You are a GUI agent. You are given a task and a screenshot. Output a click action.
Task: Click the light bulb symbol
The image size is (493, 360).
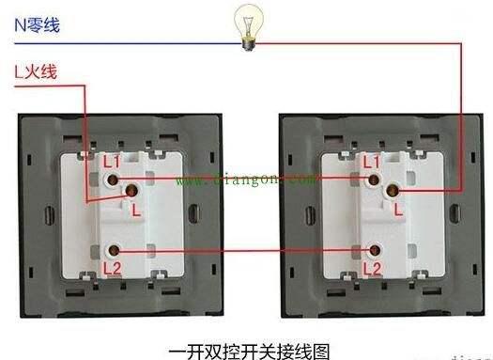(x=251, y=23)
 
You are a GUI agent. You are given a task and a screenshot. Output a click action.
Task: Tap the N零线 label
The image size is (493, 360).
(x=37, y=25)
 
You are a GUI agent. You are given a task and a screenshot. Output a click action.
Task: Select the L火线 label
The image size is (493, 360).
(x=37, y=70)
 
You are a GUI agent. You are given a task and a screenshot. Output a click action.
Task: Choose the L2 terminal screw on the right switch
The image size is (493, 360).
(x=375, y=250)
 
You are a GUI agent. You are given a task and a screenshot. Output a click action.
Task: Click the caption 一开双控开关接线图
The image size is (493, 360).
(x=247, y=348)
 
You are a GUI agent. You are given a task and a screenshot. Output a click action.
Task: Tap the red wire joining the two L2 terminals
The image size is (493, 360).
(x=244, y=251)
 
